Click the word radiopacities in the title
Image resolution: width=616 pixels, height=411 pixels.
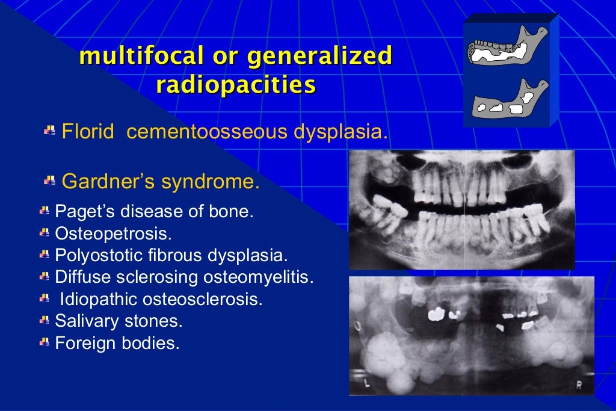point(236,85)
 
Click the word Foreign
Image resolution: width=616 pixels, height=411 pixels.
point(80,344)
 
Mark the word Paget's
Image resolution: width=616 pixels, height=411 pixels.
point(79,211)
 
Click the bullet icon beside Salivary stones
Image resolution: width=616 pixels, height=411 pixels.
point(45,321)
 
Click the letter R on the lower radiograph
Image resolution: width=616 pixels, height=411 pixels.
point(579,386)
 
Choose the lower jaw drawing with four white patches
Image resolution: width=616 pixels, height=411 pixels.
point(508,100)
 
